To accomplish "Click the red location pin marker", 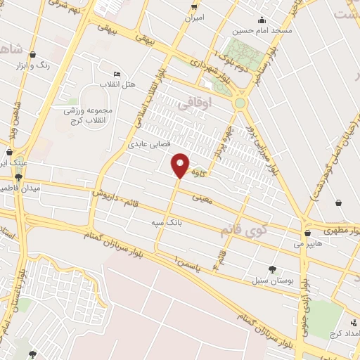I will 181,165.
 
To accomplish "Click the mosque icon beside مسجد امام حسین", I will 262,20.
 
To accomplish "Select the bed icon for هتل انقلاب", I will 117,75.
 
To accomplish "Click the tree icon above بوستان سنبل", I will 272,268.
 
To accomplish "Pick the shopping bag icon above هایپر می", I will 307,233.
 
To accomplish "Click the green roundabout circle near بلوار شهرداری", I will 241,103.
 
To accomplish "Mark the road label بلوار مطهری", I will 343,230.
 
